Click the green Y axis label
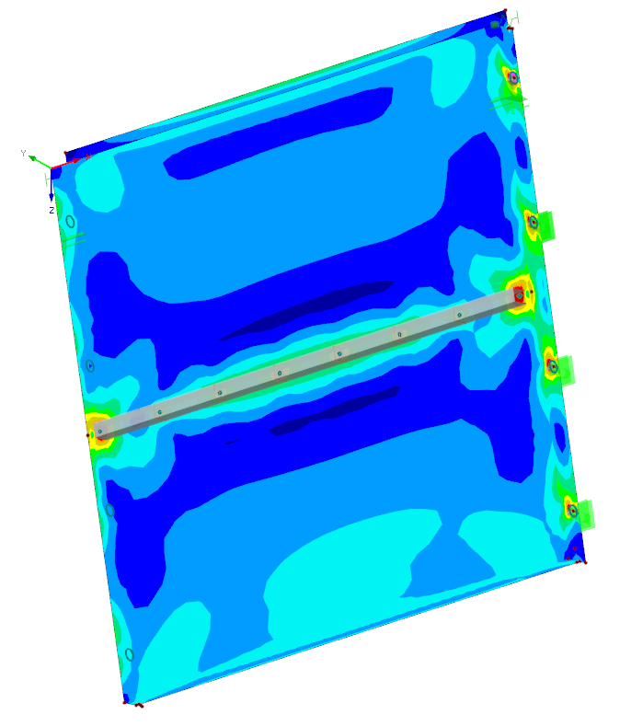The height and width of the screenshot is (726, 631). tap(24, 154)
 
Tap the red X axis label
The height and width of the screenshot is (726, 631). tap(88, 156)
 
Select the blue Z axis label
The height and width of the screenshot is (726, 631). tap(52, 211)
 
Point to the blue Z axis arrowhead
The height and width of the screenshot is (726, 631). tap(52, 198)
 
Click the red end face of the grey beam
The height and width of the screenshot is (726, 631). tap(519, 295)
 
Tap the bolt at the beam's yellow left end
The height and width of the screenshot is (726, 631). tap(100, 432)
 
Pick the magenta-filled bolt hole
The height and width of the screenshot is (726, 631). tap(513, 78)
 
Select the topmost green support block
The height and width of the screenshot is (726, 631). tap(546, 226)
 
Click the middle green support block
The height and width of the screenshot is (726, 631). tap(567, 370)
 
